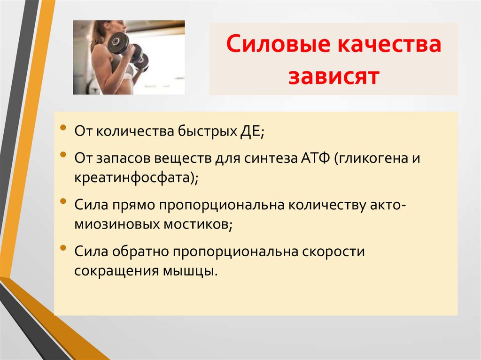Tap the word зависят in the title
334,76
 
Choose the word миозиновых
116,224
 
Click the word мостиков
198,224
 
